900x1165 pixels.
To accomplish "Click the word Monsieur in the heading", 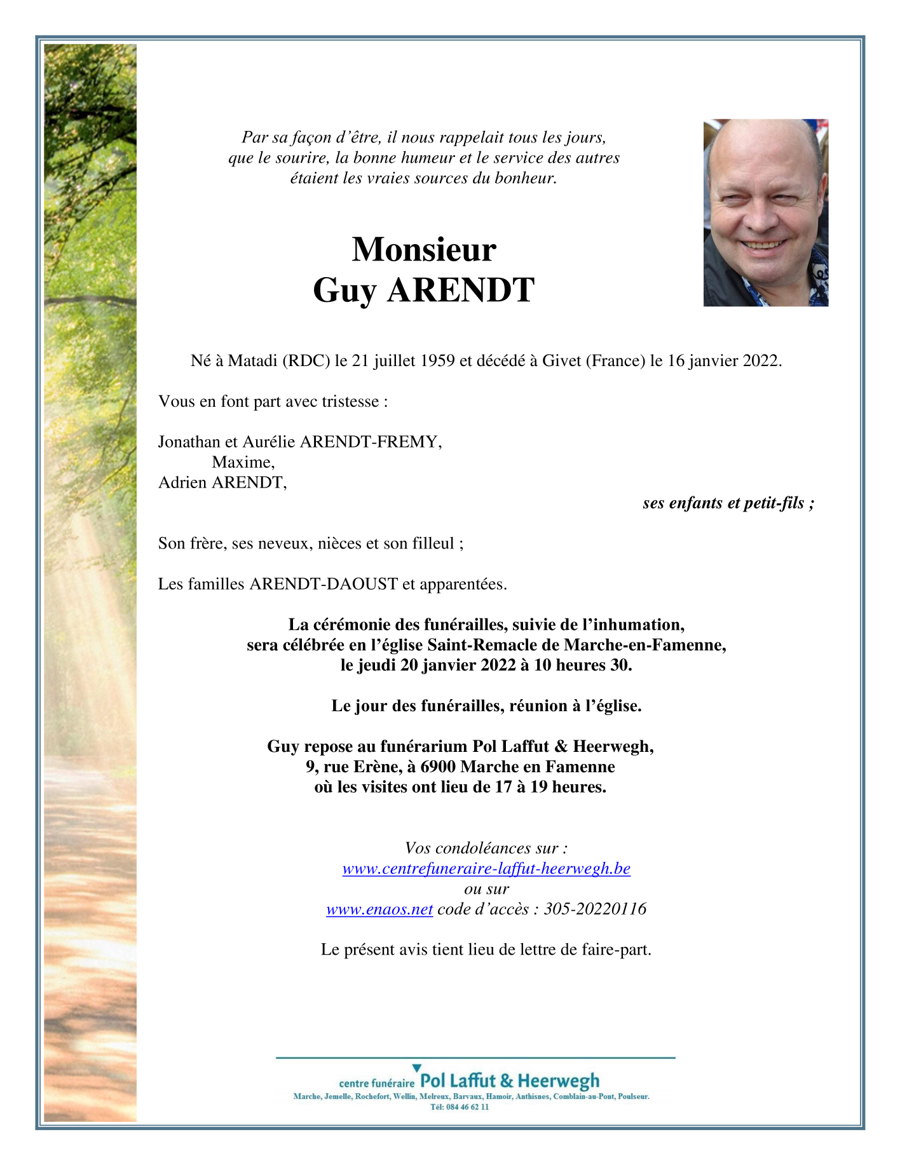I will coord(424,249).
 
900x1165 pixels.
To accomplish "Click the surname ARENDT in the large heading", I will coord(461,290).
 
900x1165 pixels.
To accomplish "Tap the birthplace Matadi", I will coord(253,361).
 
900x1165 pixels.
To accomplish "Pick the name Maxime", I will coord(243,462).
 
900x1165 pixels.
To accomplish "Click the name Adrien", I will coord(182,482).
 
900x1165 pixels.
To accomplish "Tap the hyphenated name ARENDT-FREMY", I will coord(371,442).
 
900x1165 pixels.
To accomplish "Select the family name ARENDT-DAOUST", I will coord(324,583).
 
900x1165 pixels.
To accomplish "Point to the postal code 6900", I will coord(439,766).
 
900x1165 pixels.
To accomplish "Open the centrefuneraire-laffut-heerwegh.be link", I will coord(486,868).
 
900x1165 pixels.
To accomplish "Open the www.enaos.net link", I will coord(379,909).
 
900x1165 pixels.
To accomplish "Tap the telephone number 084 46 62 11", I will coord(467,1107).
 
